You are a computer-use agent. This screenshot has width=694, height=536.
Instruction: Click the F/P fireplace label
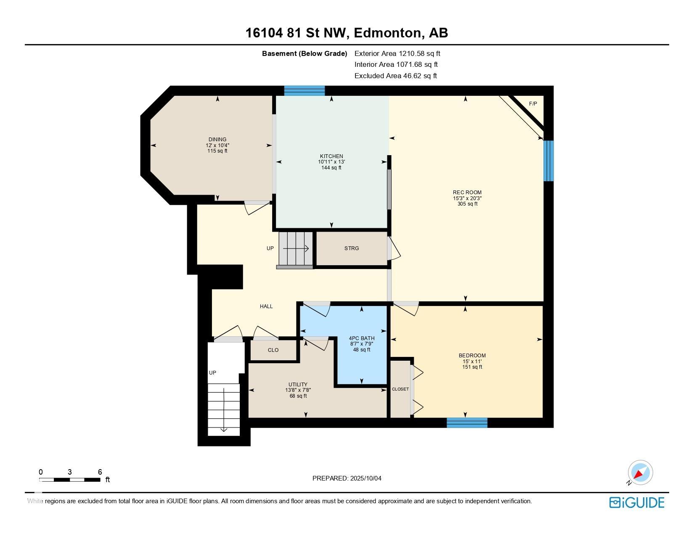pyautogui.click(x=533, y=104)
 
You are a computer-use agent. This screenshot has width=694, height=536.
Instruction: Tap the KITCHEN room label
pyautogui.click(x=331, y=156)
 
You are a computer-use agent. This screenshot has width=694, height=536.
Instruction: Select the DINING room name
pyautogui.click(x=217, y=140)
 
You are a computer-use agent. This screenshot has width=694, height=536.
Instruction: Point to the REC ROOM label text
pyautogui.click(x=467, y=193)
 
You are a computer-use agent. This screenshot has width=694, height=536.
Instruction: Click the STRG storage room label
pyautogui.click(x=351, y=248)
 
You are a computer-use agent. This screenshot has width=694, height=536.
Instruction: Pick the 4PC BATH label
pyautogui.click(x=362, y=338)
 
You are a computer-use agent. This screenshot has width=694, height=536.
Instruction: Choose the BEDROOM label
pyautogui.click(x=472, y=355)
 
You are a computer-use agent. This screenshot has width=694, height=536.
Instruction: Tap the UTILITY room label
pyautogui.click(x=298, y=384)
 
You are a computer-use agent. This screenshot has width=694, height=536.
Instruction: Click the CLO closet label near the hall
pyautogui.click(x=273, y=350)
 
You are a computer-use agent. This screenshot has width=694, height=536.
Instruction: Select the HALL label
pyautogui.click(x=266, y=306)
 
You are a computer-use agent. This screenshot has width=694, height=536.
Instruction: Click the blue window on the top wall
pyautogui.click(x=305, y=91)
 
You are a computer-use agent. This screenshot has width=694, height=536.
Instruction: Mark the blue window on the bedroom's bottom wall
pyautogui.click(x=467, y=422)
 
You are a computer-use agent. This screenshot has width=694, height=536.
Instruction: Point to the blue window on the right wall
pyautogui.click(x=548, y=161)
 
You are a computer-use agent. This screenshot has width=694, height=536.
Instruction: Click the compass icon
pyautogui.click(x=640, y=473)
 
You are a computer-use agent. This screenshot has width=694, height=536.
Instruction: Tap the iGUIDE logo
pyautogui.click(x=636, y=502)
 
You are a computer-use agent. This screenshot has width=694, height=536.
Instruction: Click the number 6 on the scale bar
pyautogui.click(x=100, y=472)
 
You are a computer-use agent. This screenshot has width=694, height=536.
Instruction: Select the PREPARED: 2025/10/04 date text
pyautogui.click(x=347, y=478)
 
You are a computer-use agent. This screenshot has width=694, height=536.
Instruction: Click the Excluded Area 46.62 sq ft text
pyautogui.click(x=395, y=76)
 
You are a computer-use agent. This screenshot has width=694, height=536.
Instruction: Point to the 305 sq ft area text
pyautogui.click(x=467, y=203)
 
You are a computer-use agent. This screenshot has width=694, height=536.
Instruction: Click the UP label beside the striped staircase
pyautogui.click(x=270, y=248)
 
